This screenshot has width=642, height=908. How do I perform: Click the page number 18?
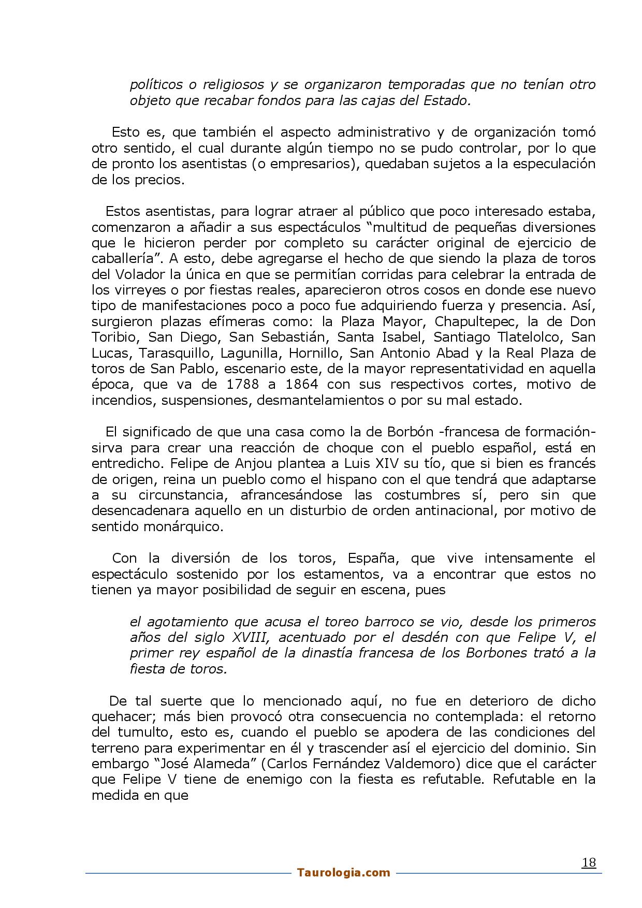[x=589, y=862]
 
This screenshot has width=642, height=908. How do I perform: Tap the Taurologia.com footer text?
[x=344, y=873]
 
